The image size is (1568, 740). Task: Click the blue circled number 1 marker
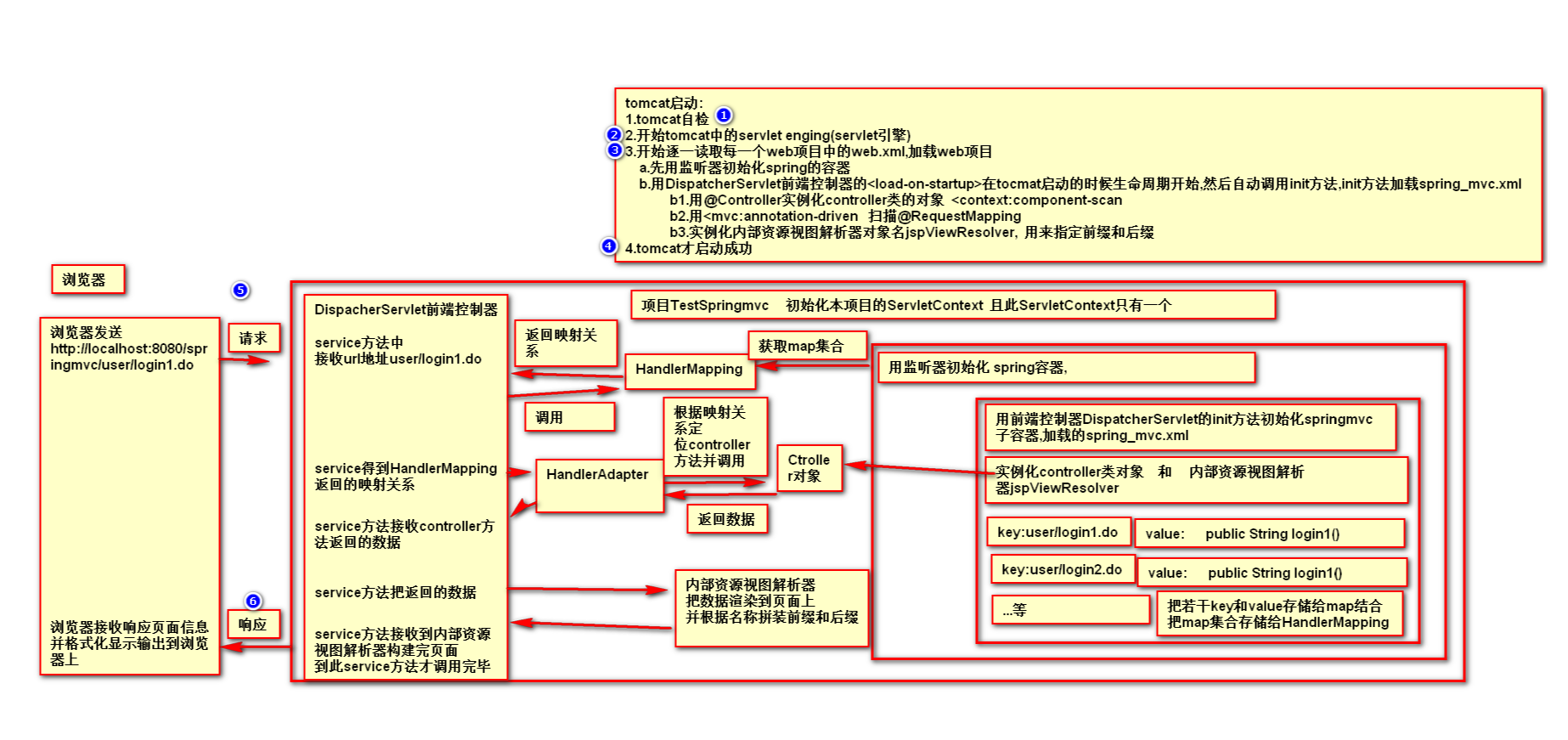724,115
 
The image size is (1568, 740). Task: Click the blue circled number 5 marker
240,291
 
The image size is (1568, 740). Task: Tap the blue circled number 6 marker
253,602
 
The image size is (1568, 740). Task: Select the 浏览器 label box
87,280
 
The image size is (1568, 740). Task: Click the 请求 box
253,338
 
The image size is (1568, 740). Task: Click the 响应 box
253,624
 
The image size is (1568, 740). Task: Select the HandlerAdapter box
598,485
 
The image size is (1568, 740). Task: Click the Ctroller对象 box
809,468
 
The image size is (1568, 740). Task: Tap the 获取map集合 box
806,346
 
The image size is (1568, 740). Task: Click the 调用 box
569,417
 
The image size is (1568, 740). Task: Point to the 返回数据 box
726,519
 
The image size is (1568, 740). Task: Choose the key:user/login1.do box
1058,532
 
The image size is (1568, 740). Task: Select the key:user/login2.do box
1062,569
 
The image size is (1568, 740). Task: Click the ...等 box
1069,610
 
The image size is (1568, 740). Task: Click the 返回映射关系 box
565,343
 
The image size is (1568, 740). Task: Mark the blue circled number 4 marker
609,246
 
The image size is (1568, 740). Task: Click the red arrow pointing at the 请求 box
245,360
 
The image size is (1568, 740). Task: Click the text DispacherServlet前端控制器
406,309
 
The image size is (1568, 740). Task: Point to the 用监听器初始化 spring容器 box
1065,367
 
